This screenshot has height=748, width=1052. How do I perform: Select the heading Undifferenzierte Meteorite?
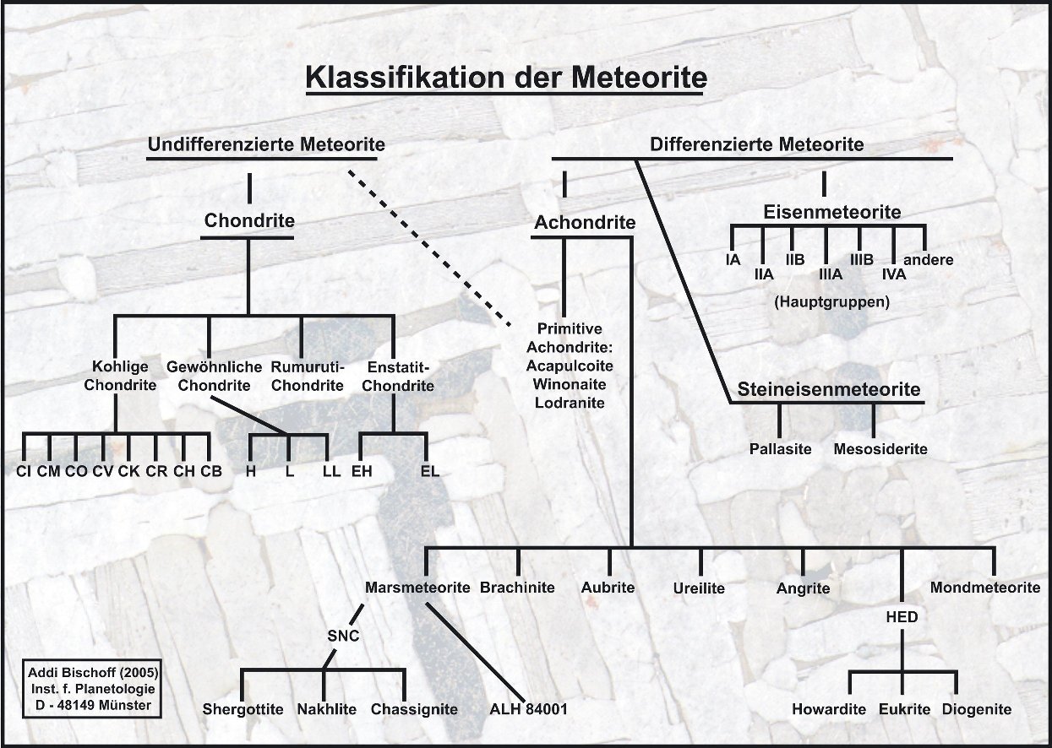click(266, 144)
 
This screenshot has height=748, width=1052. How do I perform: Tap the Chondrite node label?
click(249, 221)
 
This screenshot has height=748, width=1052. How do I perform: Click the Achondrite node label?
click(585, 223)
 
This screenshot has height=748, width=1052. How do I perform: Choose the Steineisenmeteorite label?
click(828, 389)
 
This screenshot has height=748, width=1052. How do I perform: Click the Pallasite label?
click(780, 449)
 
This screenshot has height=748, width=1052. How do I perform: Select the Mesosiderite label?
click(880, 449)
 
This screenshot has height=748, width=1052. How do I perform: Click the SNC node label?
click(344, 636)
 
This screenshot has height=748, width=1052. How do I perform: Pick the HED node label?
click(902, 617)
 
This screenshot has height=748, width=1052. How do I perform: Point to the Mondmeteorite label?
click(985, 588)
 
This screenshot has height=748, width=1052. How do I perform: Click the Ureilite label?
click(699, 588)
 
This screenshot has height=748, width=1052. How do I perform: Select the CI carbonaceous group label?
click(24, 471)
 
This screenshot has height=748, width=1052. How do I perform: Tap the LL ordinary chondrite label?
click(331, 471)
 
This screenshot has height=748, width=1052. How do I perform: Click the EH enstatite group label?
click(362, 471)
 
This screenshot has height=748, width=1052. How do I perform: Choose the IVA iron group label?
click(894, 274)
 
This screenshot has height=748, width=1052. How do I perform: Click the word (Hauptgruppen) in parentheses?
click(831, 301)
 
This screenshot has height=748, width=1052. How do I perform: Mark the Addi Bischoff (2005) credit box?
click(94, 688)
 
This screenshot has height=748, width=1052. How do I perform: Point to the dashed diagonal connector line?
click(429, 247)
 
